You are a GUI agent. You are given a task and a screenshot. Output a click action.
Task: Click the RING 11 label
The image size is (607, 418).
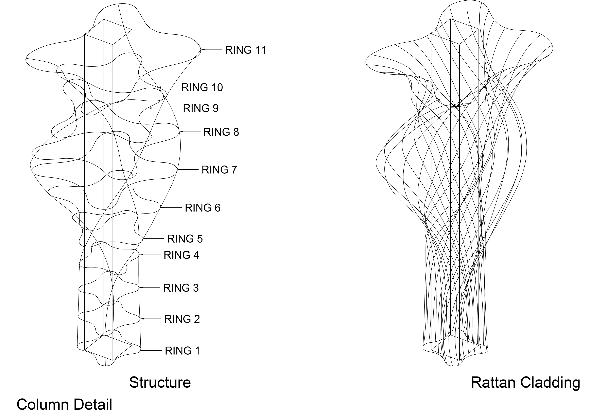(x=245, y=50)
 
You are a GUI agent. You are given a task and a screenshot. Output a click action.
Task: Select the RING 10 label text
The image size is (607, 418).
(x=202, y=88)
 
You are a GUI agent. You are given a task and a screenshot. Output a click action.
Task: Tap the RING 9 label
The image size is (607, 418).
(x=200, y=108)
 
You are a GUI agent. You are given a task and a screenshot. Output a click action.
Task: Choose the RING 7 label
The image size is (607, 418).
(x=219, y=170)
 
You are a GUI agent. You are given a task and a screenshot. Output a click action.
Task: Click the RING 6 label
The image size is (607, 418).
(x=202, y=208)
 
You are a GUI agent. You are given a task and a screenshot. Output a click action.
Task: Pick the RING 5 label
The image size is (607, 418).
(x=185, y=239)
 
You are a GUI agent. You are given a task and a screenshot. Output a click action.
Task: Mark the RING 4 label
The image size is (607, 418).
(x=181, y=255)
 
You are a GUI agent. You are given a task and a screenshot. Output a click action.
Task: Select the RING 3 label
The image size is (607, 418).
(x=181, y=288)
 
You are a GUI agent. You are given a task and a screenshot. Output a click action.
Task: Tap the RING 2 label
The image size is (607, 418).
(x=182, y=319)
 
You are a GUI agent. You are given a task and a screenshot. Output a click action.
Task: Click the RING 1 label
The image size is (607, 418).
(x=182, y=351)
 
